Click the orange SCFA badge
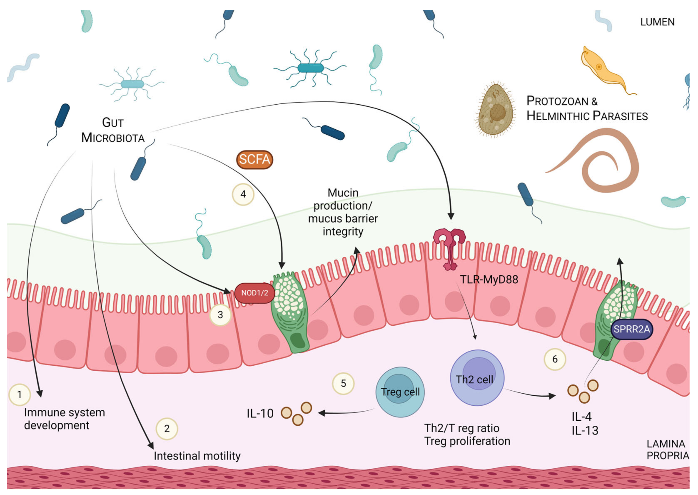(x=254, y=159)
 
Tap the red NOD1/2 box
(x=254, y=293)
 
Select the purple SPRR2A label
(x=631, y=329)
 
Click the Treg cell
(x=400, y=392)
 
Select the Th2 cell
(x=477, y=378)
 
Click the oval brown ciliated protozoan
(x=495, y=110)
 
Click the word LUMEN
(x=657, y=22)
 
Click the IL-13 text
(x=585, y=431)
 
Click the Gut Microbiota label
(x=113, y=130)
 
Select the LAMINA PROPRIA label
(x=667, y=450)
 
